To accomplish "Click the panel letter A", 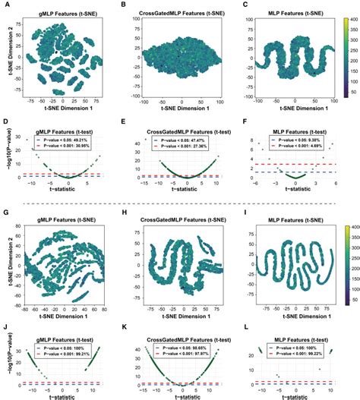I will point(6,5).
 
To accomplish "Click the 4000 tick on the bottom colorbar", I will point(349,227).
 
